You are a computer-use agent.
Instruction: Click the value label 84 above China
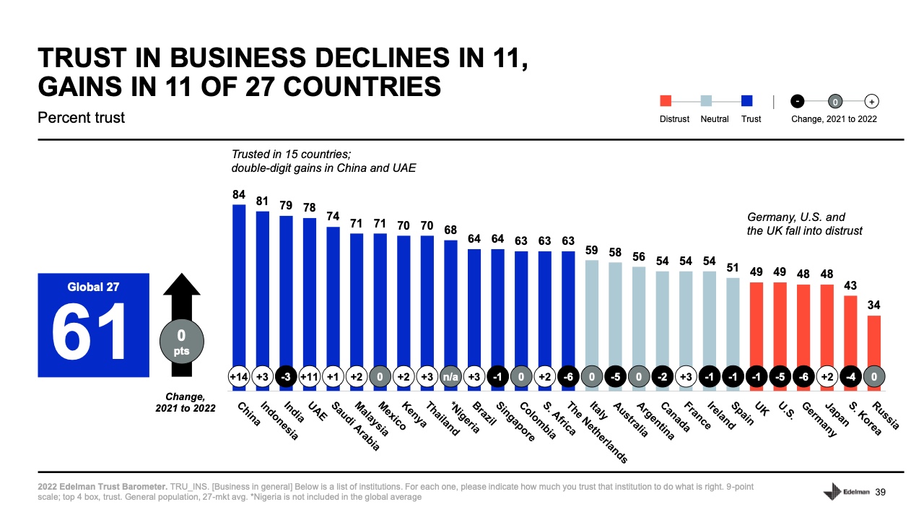[x=239, y=194]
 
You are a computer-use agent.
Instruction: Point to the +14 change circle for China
[x=239, y=376]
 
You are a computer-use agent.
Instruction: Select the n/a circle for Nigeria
[x=451, y=376]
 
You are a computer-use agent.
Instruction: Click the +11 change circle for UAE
[x=310, y=376]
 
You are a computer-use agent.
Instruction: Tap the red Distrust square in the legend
[x=666, y=101]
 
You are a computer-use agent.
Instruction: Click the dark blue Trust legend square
[x=747, y=101]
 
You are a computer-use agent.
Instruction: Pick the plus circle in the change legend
[x=872, y=101]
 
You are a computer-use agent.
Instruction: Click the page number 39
[x=880, y=492]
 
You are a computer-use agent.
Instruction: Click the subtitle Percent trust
[x=81, y=117]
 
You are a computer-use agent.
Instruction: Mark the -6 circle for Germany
[x=803, y=376]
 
